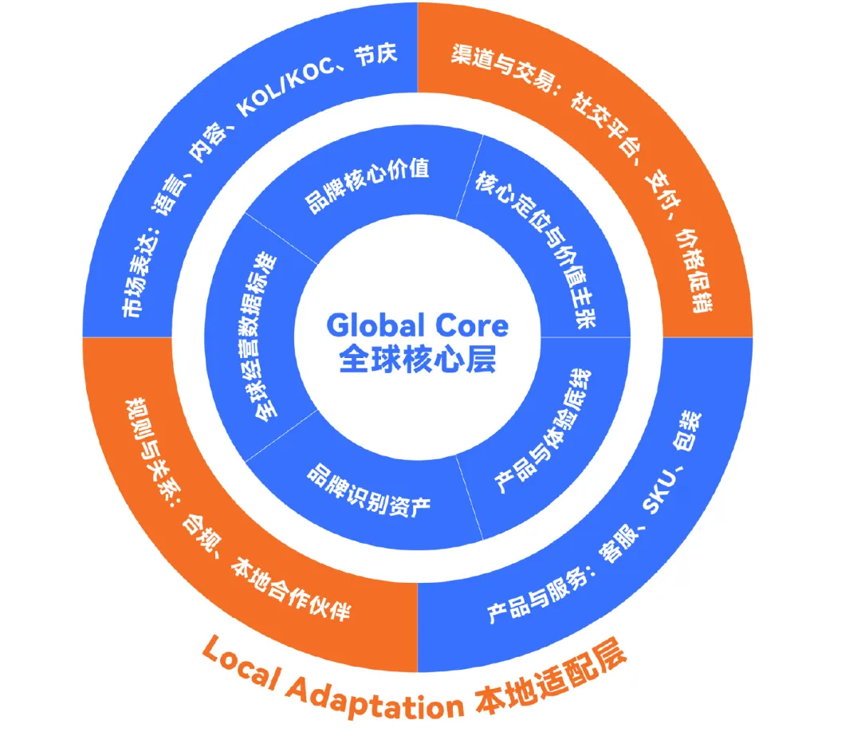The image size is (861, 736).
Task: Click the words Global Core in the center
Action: click(x=417, y=325)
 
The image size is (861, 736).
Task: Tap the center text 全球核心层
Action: click(x=417, y=360)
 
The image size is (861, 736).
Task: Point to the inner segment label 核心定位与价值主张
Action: click(x=537, y=248)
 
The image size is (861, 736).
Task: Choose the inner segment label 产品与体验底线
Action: click(x=543, y=431)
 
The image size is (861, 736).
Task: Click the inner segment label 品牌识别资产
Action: click(x=368, y=490)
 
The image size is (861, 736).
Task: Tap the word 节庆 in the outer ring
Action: click(x=376, y=55)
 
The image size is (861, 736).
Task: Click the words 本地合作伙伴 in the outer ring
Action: click(x=291, y=588)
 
